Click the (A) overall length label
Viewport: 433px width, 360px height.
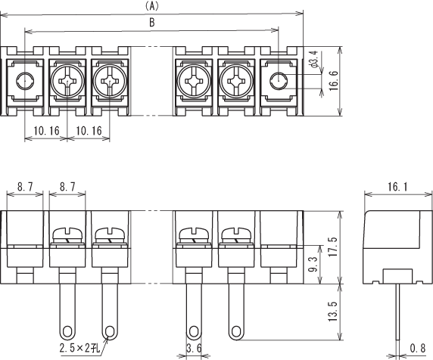pyautogui.click(x=152, y=6)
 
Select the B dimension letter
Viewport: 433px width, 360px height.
pyautogui.click(x=152, y=23)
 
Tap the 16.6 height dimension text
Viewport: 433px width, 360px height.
pyautogui.click(x=334, y=81)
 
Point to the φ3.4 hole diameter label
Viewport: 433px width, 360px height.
pyautogui.click(x=315, y=59)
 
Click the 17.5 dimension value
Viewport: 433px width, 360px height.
pyautogui.click(x=334, y=247)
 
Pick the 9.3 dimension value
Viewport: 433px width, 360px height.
pyautogui.click(x=313, y=263)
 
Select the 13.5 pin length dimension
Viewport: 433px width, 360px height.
pyautogui.click(x=333, y=312)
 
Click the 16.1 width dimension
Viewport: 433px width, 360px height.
pyautogui.click(x=397, y=187)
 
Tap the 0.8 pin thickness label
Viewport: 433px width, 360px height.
pyautogui.click(x=418, y=349)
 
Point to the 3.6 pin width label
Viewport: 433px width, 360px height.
pyautogui.click(x=194, y=349)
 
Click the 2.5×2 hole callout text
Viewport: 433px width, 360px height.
pyautogui.click(x=79, y=349)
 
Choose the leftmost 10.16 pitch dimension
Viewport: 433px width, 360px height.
pyautogui.click(x=46, y=131)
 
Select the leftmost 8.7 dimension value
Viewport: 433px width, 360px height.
pyautogui.click(x=25, y=187)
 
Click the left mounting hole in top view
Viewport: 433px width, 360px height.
pyautogui.click(x=25, y=81)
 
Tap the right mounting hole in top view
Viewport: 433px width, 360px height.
pyautogui.click(x=279, y=81)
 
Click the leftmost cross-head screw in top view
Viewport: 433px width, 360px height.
pyautogui.click(x=67, y=81)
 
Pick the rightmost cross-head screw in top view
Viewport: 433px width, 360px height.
pyautogui.click(x=237, y=81)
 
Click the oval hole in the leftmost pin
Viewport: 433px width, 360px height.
pyautogui.click(x=67, y=331)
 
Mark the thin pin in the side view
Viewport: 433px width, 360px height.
pyautogui.click(x=397, y=312)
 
